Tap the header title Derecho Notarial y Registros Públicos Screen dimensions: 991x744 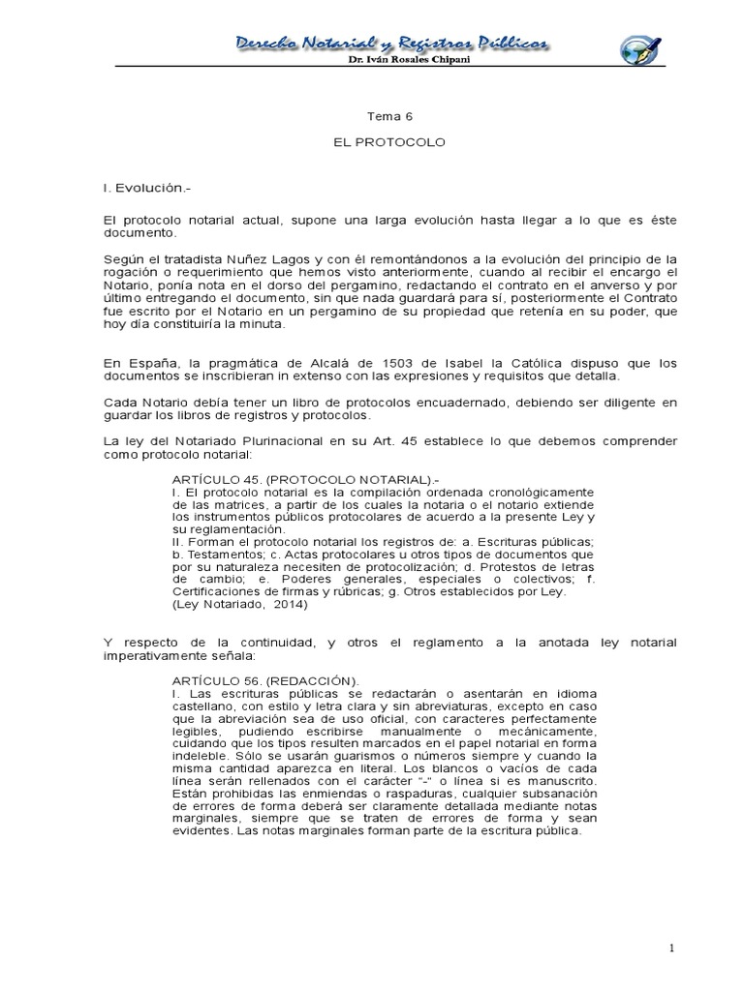point(393,42)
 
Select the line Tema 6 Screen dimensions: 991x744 point(386,116)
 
